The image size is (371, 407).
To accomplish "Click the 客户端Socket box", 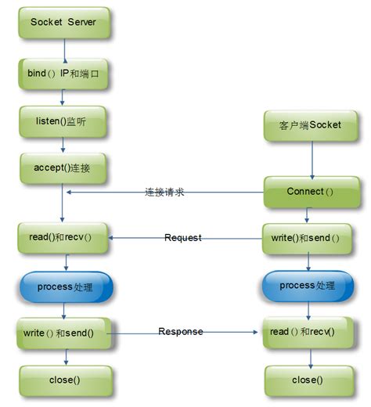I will (311, 125).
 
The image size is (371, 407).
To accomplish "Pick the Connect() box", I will (311, 192).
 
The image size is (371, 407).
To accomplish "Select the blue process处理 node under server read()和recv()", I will (65, 287).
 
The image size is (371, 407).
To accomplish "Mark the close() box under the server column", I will (65, 380).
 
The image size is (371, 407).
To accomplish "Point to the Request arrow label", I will (183, 237).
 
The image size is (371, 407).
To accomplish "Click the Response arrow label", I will (181, 332).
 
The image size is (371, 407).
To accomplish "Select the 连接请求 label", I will (164, 192).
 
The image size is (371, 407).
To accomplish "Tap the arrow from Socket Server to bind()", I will (63, 49).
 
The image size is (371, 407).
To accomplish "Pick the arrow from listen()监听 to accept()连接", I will (63, 146).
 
